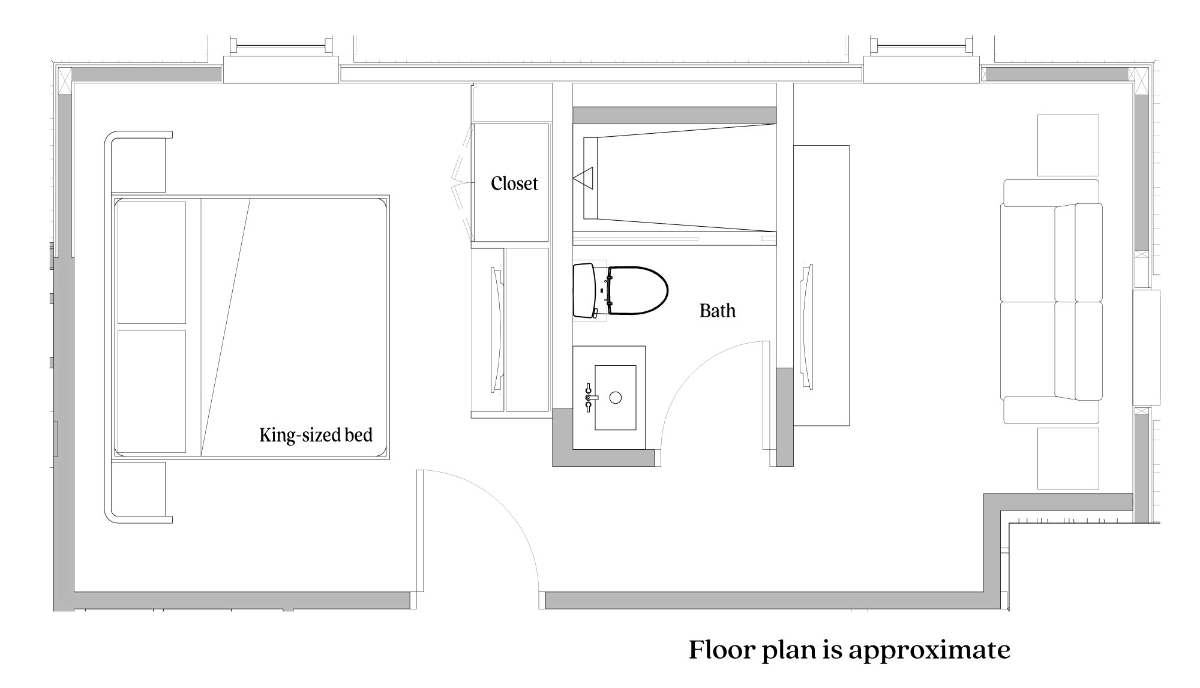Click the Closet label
pos(514,184)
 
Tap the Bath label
pos(717,311)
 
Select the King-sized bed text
pos(316,435)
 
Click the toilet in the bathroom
pos(621,291)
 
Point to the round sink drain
pos(615,397)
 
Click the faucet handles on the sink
pos(589,397)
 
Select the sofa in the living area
pos(1051,302)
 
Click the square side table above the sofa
pos(1068,145)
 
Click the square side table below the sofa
pos(1068,458)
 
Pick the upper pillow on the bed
pos(151,262)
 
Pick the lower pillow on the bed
pos(151,390)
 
